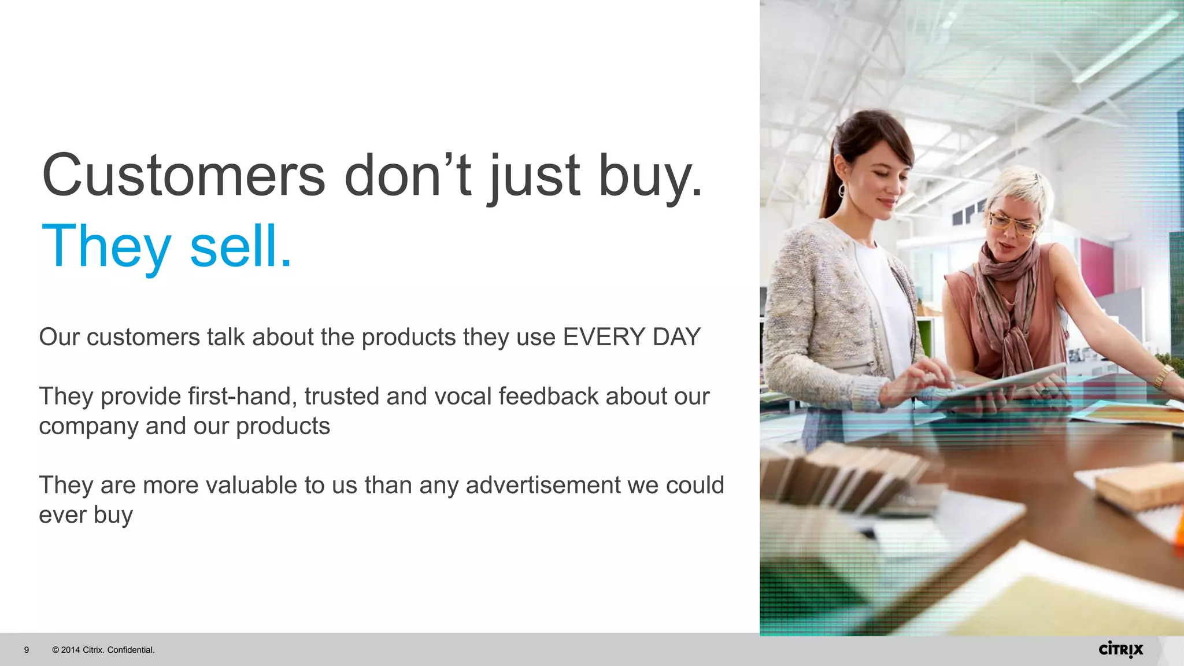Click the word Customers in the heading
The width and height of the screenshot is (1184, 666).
tap(184, 175)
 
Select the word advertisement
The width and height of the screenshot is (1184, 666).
tap(543, 485)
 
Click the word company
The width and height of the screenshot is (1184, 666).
tap(88, 427)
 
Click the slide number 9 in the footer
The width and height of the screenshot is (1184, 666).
tap(27, 650)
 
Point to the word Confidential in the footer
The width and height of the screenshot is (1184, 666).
tap(131, 650)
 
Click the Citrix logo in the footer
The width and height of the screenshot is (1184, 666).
tap(1120, 649)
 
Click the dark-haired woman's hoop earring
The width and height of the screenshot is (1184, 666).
tap(842, 190)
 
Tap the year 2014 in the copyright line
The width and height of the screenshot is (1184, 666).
tap(71, 650)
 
